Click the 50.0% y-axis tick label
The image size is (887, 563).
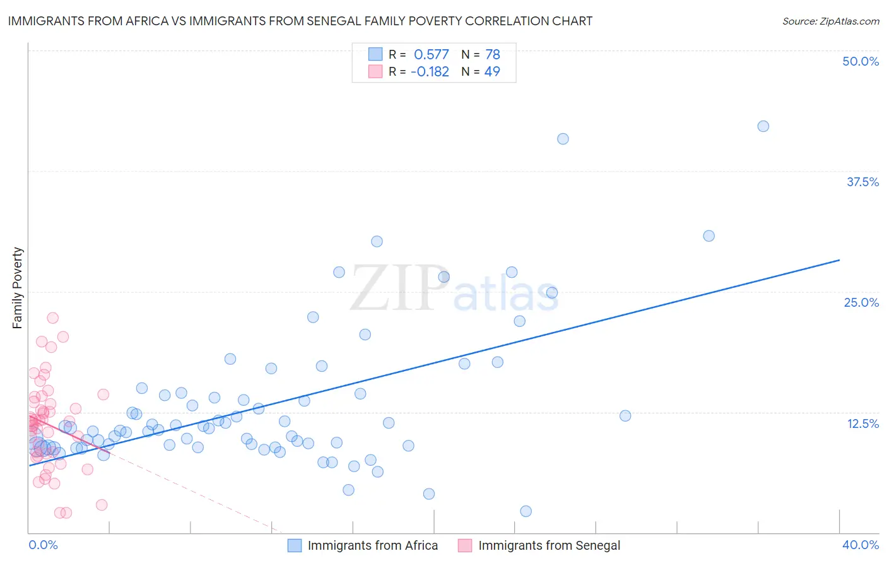[861, 61]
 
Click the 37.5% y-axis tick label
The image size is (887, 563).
[862, 182]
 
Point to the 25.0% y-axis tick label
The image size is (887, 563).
[861, 302]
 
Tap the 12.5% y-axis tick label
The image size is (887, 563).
[862, 424]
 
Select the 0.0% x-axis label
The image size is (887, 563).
[43, 545]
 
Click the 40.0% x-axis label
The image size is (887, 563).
[861, 545]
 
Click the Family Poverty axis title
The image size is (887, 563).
[18, 288]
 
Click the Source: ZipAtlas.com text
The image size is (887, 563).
[830, 21]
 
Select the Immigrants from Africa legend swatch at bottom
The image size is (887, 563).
[295, 545]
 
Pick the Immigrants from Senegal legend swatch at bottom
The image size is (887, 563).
[465, 545]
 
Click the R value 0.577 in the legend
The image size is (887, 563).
[431, 55]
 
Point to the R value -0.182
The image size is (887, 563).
[430, 72]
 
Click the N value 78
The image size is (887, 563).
[493, 55]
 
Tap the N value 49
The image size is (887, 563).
[492, 72]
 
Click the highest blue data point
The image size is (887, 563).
[763, 126]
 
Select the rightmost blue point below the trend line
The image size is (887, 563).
[625, 415]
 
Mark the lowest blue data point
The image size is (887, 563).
[526, 511]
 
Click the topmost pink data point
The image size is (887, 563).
[53, 318]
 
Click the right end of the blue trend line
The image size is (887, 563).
[839, 260]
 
